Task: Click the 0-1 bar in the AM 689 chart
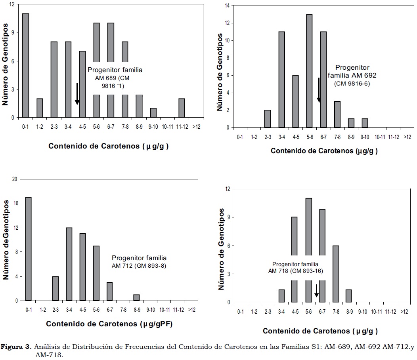click(x=26, y=65)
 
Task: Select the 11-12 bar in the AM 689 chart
click(x=182, y=108)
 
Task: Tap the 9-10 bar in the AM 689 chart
click(x=153, y=113)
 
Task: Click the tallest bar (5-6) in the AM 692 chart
click(x=309, y=71)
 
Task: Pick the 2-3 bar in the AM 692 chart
click(x=268, y=119)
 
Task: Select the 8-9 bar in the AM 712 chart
click(x=136, y=298)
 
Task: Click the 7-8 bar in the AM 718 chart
click(x=336, y=274)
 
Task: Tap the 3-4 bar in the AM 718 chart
click(x=281, y=296)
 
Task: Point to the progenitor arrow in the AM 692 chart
click(x=318, y=90)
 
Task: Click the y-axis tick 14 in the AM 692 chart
click(x=227, y=6)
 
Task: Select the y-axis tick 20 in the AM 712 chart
click(x=15, y=179)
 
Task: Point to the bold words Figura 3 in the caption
click(x=16, y=347)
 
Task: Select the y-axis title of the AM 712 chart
click(x=6, y=240)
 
